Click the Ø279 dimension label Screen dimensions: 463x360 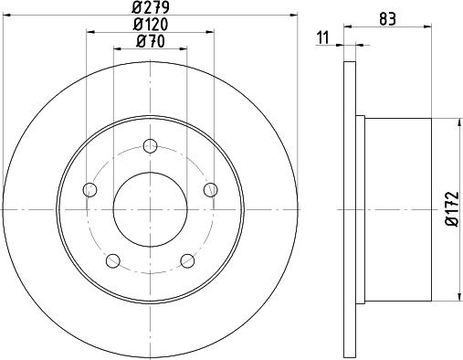151,7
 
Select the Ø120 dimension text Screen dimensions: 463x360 151,25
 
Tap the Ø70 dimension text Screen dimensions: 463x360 151,41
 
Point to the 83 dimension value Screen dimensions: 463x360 387,19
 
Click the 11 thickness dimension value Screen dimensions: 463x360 323,38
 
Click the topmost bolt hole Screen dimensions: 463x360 150,146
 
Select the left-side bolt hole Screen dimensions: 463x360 89,190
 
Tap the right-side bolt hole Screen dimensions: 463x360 211,190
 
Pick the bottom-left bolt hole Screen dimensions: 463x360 113,260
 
